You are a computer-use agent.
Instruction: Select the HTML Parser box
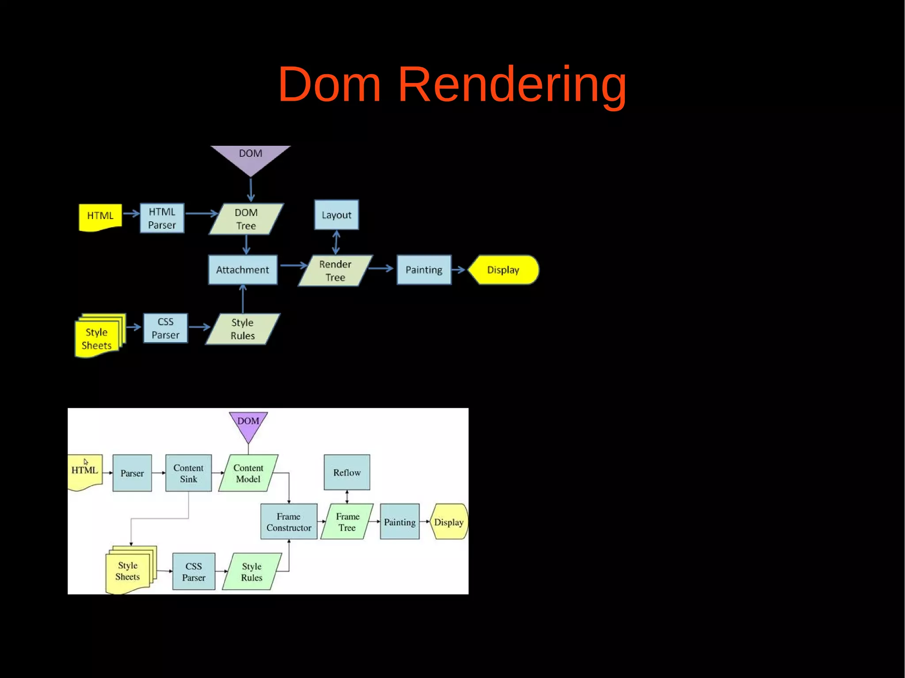pos(162,218)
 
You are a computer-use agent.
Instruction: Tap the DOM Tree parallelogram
pos(246,219)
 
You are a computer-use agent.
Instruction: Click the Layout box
pos(336,215)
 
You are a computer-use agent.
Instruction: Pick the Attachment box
pos(243,270)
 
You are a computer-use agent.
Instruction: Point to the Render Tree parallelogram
pos(335,270)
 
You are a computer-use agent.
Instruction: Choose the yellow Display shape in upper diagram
pos(503,270)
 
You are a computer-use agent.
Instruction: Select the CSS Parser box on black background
pos(165,328)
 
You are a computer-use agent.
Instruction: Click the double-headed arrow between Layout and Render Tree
pos(336,242)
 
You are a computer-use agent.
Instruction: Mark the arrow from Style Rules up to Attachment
pos(243,299)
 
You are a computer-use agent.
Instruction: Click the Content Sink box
pos(188,473)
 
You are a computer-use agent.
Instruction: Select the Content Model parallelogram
pos(248,473)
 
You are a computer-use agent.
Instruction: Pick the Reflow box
pos(347,473)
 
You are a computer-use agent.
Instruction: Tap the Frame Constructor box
pos(289,522)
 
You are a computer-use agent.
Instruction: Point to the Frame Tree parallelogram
pos(347,522)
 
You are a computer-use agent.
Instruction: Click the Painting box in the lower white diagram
pos(399,522)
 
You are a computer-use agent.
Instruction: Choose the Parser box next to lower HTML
pos(132,473)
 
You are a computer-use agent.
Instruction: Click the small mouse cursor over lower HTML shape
pos(86,462)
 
